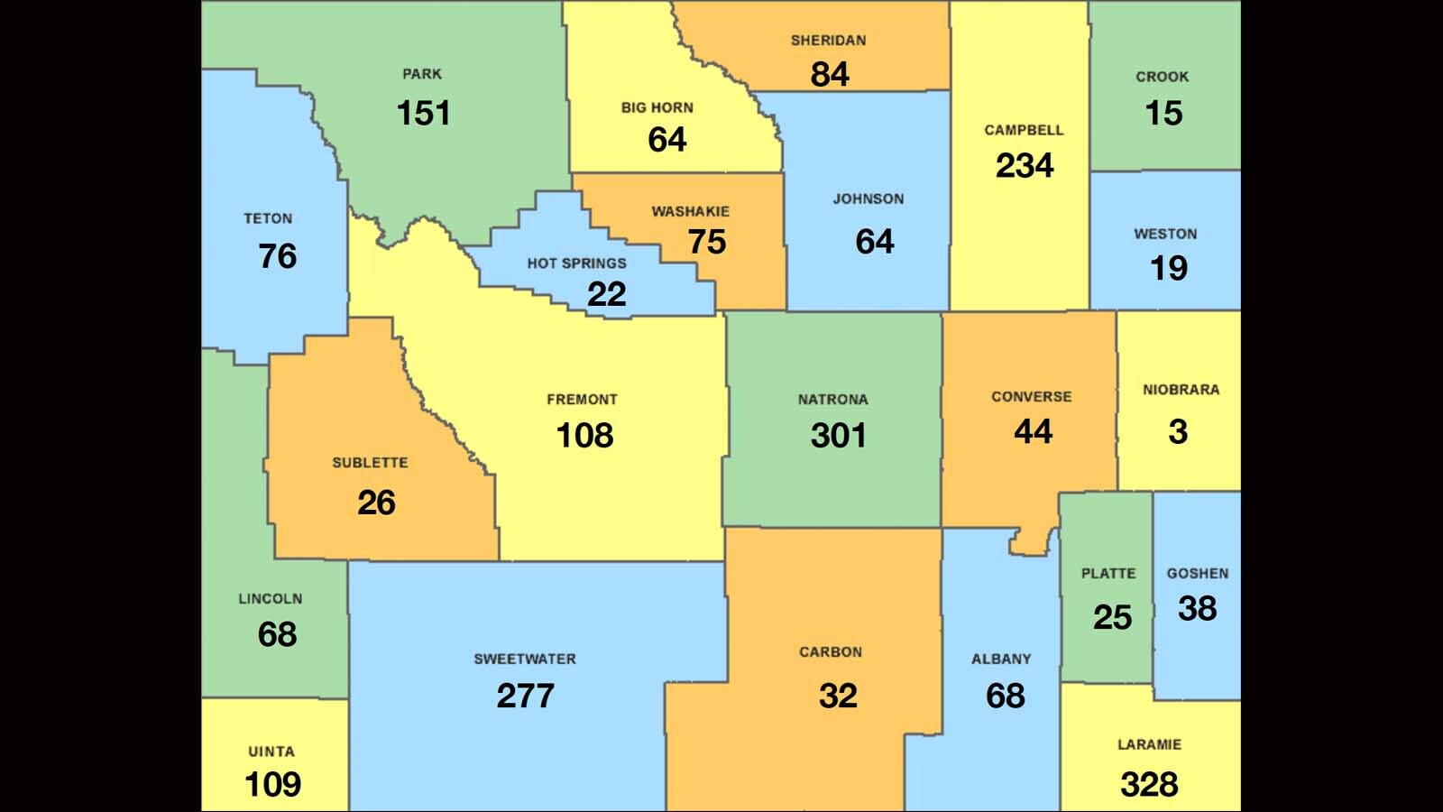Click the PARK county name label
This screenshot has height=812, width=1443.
(x=422, y=74)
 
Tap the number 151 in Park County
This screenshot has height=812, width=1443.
(x=423, y=114)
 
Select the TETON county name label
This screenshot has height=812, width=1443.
(x=268, y=218)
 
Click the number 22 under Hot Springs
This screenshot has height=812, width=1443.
(x=606, y=294)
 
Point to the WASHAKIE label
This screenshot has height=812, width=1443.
(x=691, y=212)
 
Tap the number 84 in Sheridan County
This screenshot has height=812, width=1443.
(x=830, y=74)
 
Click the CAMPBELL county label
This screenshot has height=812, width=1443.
(x=1024, y=130)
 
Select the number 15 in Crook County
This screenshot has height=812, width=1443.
(x=1163, y=114)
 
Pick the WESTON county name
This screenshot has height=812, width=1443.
(x=1165, y=234)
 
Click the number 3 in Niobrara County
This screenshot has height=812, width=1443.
(x=1178, y=432)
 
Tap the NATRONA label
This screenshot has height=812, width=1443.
(x=832, y=399)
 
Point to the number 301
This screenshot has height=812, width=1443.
(x=838, y=436)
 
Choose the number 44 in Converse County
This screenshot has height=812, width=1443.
(x=1033, y=432)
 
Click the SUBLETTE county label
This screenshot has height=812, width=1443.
(x=370, y=463)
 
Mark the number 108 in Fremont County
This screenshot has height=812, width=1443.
(x=584, y=436)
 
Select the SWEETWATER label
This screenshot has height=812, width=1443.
(x=525, y=660)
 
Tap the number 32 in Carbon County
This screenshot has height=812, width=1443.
(x=838, y=696)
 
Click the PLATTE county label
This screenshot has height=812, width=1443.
(x=1108, y=574)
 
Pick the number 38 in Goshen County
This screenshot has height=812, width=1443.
(x=1197, y=609)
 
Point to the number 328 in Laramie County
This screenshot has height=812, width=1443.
(x=1149, y=785)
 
